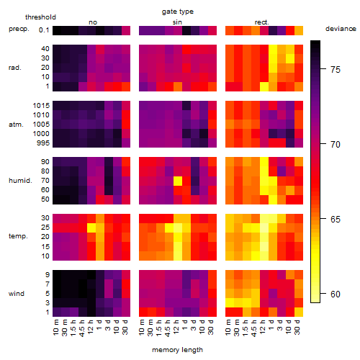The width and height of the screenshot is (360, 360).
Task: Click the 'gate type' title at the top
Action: pos(178,12)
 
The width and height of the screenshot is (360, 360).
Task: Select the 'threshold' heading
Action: pos(40,17)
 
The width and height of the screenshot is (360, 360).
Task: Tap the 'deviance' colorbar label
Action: pos(341,29)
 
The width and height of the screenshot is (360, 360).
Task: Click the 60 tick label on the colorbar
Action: pos(336,294)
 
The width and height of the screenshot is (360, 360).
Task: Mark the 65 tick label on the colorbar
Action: pos(336,219)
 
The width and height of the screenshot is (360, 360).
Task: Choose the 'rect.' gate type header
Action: pos(261,22)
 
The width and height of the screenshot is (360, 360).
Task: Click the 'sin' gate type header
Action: pos(177,22)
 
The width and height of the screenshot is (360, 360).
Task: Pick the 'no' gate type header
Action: pos(93,22)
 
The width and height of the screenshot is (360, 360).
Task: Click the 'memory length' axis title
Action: pos(177,350)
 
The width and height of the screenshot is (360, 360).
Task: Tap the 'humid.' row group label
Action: pos(20,180)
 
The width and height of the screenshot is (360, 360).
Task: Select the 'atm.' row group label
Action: pos(16,125)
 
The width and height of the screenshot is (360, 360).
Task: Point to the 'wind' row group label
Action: pos(17,294)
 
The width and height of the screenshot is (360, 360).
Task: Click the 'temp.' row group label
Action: pos(18,236)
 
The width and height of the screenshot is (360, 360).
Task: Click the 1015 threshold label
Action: pos(41,105)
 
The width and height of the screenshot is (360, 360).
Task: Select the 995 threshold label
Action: pos(43,143)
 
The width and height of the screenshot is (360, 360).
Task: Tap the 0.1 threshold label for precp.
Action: pos(44,30)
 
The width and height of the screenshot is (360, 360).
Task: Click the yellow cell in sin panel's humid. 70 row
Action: pos(178,181)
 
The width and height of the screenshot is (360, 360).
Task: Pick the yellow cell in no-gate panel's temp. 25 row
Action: pos(91,228)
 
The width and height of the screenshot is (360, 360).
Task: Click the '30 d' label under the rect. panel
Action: pos(297,327)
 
